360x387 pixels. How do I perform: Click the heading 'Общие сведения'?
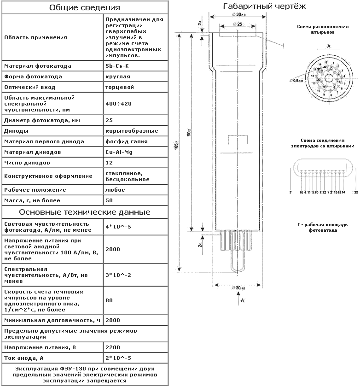pyautogui.click(x=84, y=8)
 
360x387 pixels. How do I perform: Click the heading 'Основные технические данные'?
pyautogui.click(x=84, y=212)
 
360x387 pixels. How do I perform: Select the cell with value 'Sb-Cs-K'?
pyautogui.click(x=117, y=66)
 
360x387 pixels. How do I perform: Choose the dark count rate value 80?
pyautogui.click(x=109, y=300)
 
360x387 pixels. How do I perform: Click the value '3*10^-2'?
pyautogui.click(x=118, y=275)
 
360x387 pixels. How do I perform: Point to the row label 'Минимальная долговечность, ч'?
pyautogui.click(x=52, y=320)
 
